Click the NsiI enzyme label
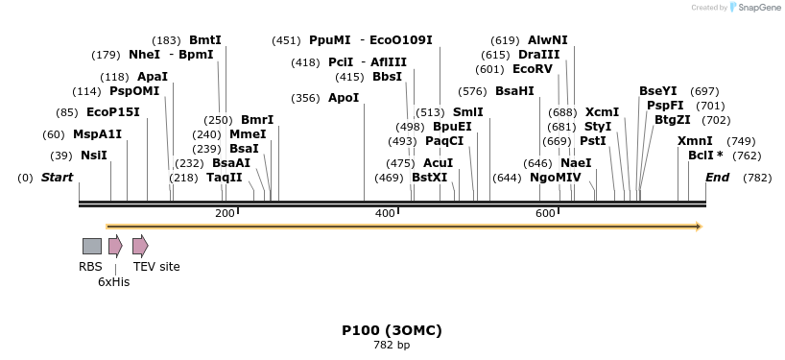tap(94, 156)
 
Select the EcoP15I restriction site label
tap(113, 112)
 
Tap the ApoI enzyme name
tap(344, 98)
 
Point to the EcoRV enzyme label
tap(533, 69)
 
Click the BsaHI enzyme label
tap(514, 91)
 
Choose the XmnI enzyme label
tap(695, 141)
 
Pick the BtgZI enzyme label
tap(672, 120)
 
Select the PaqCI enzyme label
tap(444, 141)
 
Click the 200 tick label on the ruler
tap(225, 213)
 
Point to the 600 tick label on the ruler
tap(545, 213)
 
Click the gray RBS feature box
tap(92, 246)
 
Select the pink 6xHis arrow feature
tap(115, 246)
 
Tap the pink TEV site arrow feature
tap(140, 246)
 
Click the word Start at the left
tap(58, 178)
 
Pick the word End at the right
tap(717, 178)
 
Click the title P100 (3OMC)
tap(392, 330)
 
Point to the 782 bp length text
tap(392, 345)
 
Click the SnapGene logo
tap(752, 8)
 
